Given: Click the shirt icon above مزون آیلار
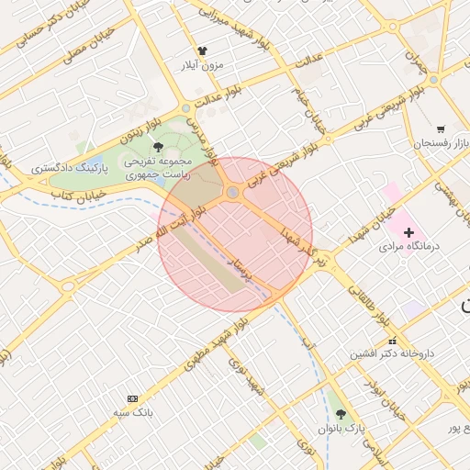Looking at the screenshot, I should point(203,51).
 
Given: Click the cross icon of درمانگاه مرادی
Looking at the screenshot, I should point(408,232).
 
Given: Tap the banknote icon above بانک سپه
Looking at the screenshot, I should point(132,398).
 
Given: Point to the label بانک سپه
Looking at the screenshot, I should point(132,413).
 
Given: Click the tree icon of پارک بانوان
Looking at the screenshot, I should point(341,414).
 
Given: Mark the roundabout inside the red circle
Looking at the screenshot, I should point(233,192).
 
